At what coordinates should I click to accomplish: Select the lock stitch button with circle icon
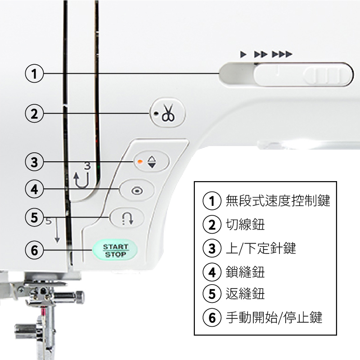tap(137, 191)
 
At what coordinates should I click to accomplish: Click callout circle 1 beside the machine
tap(34, 73)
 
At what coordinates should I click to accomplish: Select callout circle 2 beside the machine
tap(34, 113)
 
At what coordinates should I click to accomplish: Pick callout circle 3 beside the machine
tap(34, 162)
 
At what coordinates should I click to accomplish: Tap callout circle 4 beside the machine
tap(34, 189)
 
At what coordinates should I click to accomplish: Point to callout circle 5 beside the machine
tap(34, 218)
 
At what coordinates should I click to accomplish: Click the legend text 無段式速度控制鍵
tap(278, 201)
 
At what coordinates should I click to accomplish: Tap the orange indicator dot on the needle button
tap(140, 161)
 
